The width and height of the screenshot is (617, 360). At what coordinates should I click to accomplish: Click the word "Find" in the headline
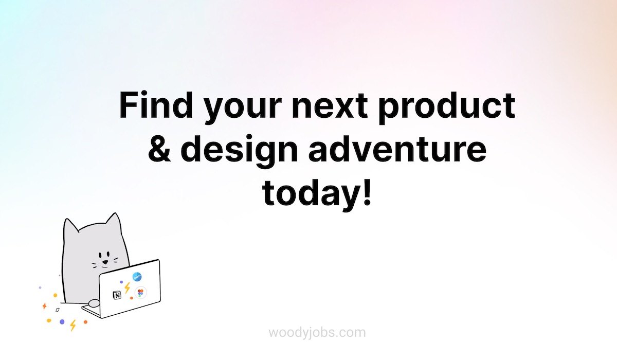156,105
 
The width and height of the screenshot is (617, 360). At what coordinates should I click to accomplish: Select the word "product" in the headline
446,107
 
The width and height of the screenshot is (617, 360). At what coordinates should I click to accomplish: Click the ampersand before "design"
159,148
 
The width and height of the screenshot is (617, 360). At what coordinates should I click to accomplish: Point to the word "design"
239,151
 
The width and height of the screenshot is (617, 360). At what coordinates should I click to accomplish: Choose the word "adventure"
397,148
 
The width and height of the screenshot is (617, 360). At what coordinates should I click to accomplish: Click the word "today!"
317,194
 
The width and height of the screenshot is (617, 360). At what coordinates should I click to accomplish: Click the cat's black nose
105,262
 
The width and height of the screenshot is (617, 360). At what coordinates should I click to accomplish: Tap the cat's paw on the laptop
94,303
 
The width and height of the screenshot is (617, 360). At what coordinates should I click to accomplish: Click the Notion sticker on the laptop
117,295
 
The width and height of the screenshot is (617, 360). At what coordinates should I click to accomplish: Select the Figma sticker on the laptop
140,293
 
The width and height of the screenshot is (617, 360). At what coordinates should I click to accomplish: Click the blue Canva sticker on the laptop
137,277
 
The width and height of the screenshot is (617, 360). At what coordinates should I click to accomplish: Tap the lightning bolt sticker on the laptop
127,288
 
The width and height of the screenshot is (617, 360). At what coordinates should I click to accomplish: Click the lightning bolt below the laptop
72,326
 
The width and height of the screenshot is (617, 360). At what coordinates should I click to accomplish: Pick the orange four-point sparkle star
44,306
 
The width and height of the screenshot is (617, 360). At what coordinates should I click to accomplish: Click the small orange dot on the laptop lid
132,298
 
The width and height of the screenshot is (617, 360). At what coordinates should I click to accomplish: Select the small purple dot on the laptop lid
121,282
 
